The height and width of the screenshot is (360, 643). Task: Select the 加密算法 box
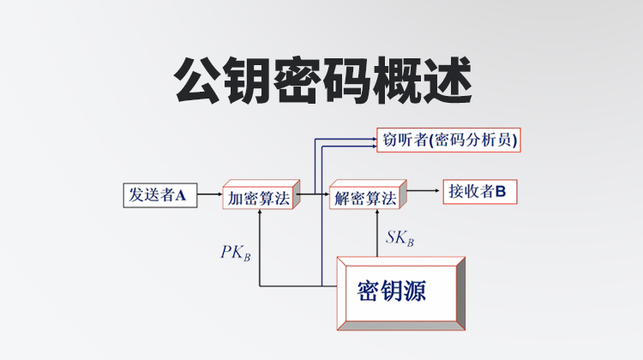coord(258,198)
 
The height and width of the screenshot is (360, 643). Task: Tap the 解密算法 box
coord(366,198)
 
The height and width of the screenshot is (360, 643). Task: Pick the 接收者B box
coord(478,193)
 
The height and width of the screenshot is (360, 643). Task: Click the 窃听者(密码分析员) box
coord(448,139)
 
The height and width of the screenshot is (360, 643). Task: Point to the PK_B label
coord(234,253)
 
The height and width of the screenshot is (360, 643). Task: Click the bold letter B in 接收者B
coord(501,193)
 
